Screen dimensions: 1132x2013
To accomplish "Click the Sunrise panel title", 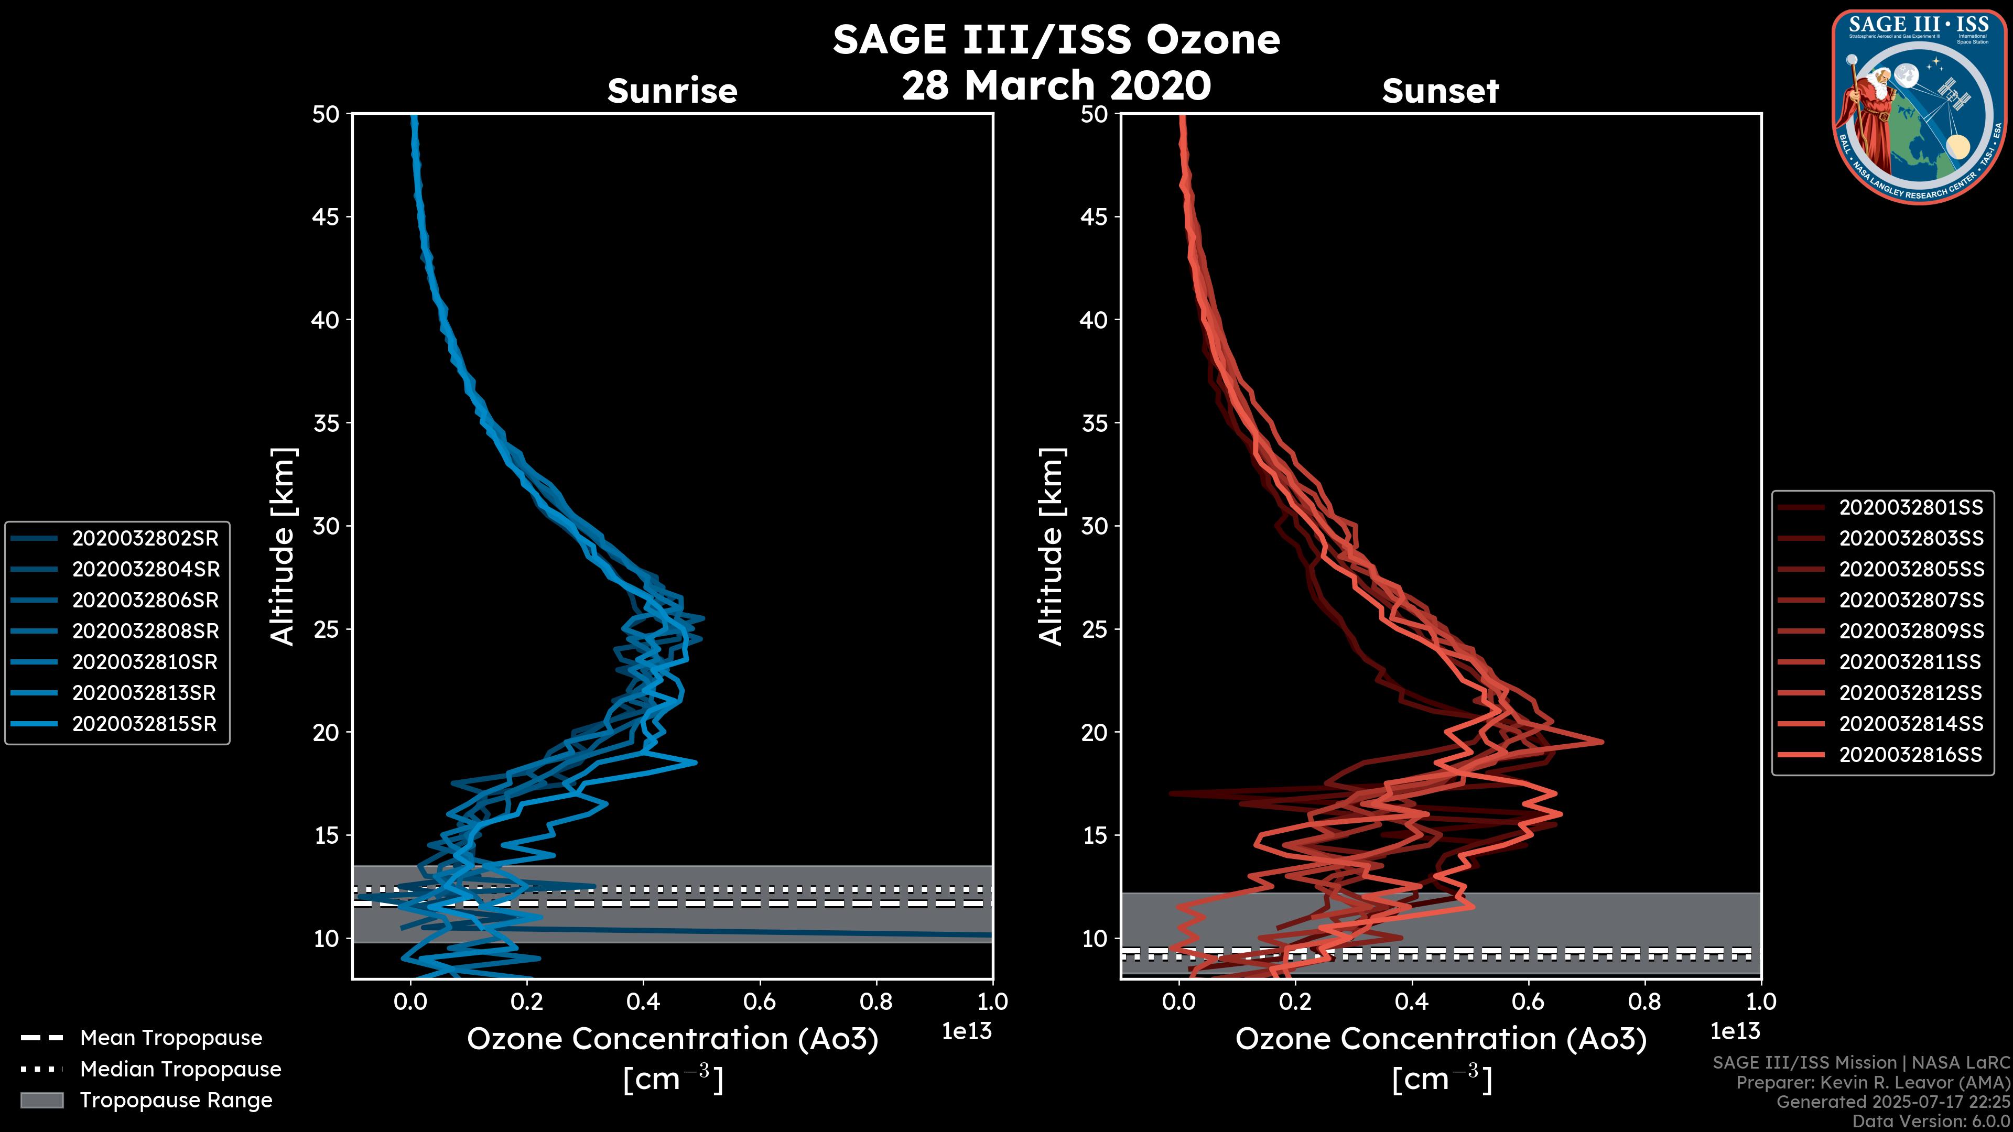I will click(672, 91).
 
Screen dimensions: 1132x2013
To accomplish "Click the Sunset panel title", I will click(1440, 91).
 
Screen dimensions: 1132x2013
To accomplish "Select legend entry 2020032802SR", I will click(145, 538).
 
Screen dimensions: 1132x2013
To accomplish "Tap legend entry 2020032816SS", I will click(1911, 755).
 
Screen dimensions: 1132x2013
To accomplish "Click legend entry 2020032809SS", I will click(1911, 631).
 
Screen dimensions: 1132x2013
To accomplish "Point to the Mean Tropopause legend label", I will click(171, 1038).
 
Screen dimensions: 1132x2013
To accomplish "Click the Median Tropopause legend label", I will click(180, 1069).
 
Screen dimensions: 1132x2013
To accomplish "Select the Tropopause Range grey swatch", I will click(41, 1100).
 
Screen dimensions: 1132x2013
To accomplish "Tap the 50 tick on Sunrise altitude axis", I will click(326, 115).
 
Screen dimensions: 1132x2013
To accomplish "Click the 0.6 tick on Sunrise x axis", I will click(760, 1002).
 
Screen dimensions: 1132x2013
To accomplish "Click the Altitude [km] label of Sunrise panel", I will click(283, 547).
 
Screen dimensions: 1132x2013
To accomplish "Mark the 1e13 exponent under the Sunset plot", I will click(1735, 1031).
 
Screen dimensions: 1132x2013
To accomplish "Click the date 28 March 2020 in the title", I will click(1056, 85).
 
